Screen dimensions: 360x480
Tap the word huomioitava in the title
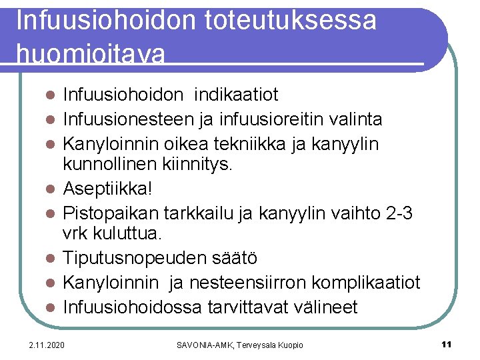pyautogui.click(x=90, y=53)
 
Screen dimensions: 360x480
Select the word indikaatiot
pyautogui.click(x=236, y=95)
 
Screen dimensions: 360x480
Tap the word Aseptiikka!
pyautogui.click(x=107, y=189)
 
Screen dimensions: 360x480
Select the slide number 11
pyautogui.click(x=447, y=344)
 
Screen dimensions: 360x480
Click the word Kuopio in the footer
pyautogui.click(x=289, y=345)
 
